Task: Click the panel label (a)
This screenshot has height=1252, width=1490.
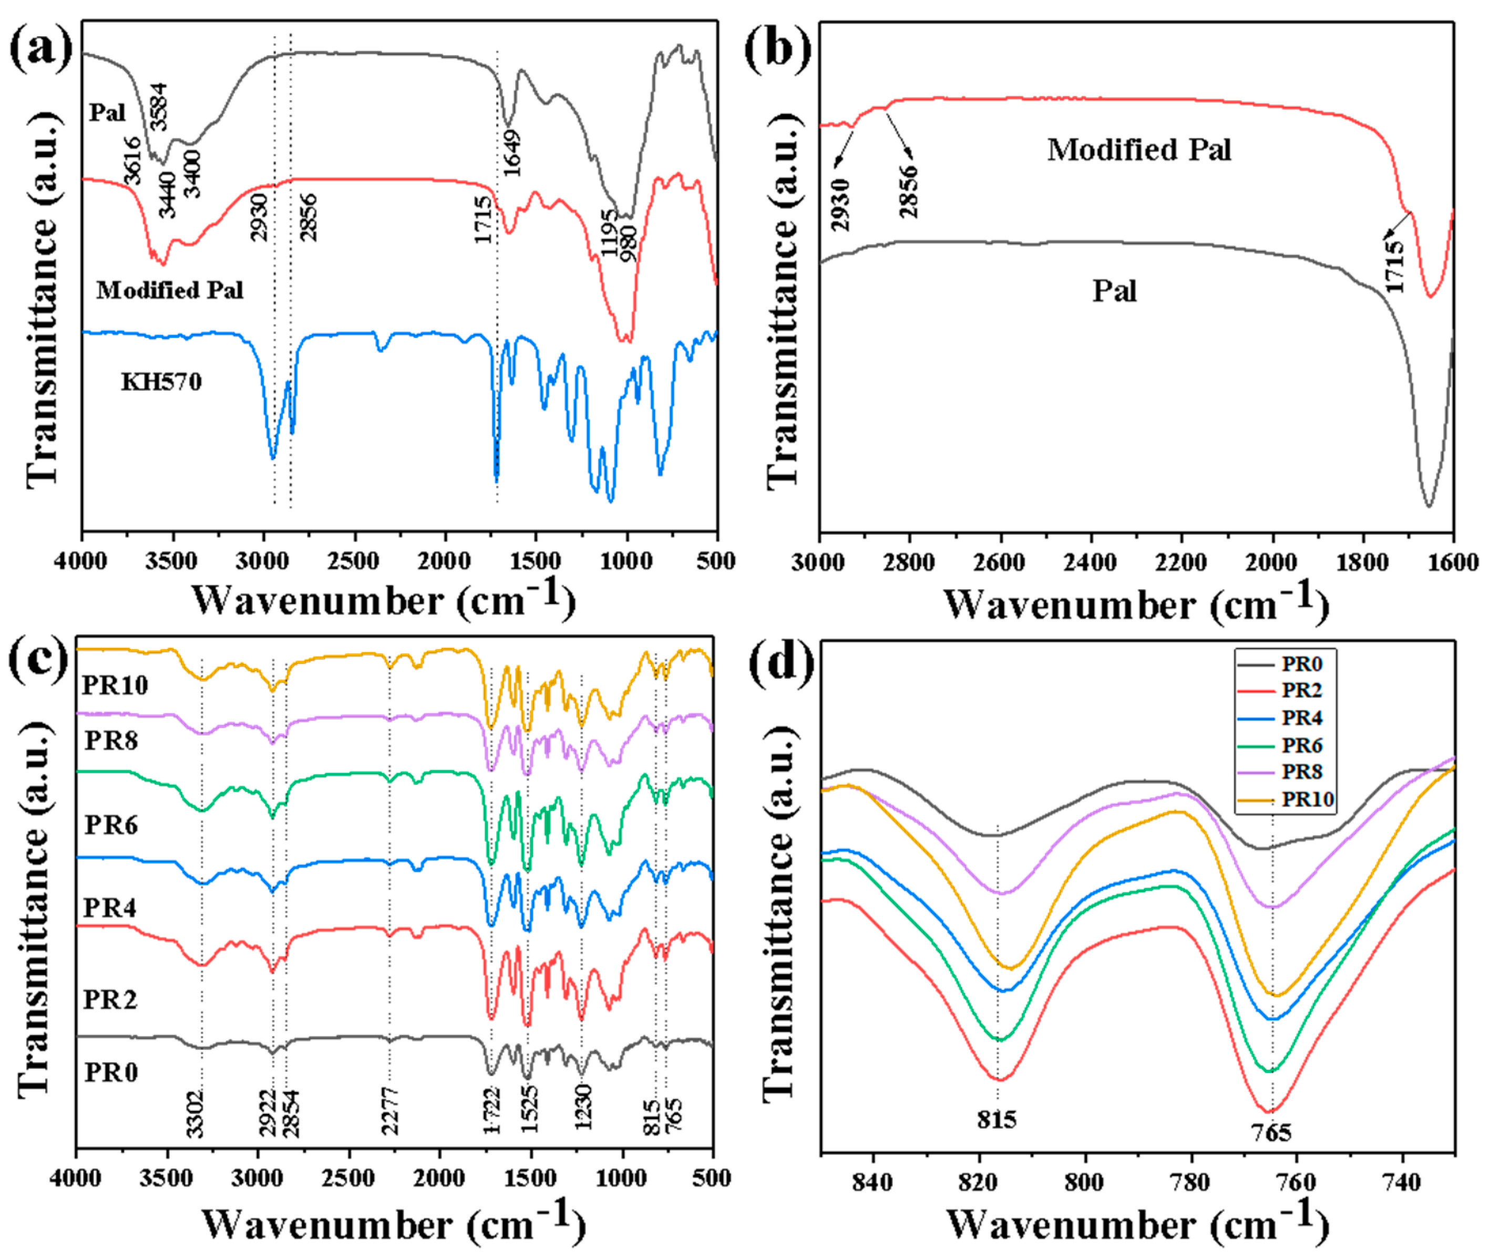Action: pyautogui.click(x=40, y=48)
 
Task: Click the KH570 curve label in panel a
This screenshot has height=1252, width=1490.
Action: pyautogui.click(x=161, y=382)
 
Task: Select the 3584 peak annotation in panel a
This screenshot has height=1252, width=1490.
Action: pyautogui.click(x=158, y=107)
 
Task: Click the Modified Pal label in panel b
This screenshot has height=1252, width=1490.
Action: pyautogui.click(x=1138, y=150)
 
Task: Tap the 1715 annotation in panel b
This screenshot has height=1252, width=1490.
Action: pyautogui.click(x=1395, y=266)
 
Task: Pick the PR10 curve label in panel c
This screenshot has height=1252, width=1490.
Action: pyautogui.click(x=115, y=685)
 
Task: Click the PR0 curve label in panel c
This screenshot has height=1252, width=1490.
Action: pyautogui.click(x=111, y=1072)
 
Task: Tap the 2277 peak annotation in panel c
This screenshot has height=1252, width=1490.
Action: pyautogui.click(x=390, y=1111)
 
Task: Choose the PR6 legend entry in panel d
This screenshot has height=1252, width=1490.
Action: pyautogui.click(x=1301, y=745)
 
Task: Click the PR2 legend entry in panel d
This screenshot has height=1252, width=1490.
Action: pyautogui.click(x=1301, y=690)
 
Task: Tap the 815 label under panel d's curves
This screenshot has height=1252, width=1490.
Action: pyautogui.click(x=996, y=1119)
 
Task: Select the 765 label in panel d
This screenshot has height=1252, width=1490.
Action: pyautogui.click(x=1271, y=1132)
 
